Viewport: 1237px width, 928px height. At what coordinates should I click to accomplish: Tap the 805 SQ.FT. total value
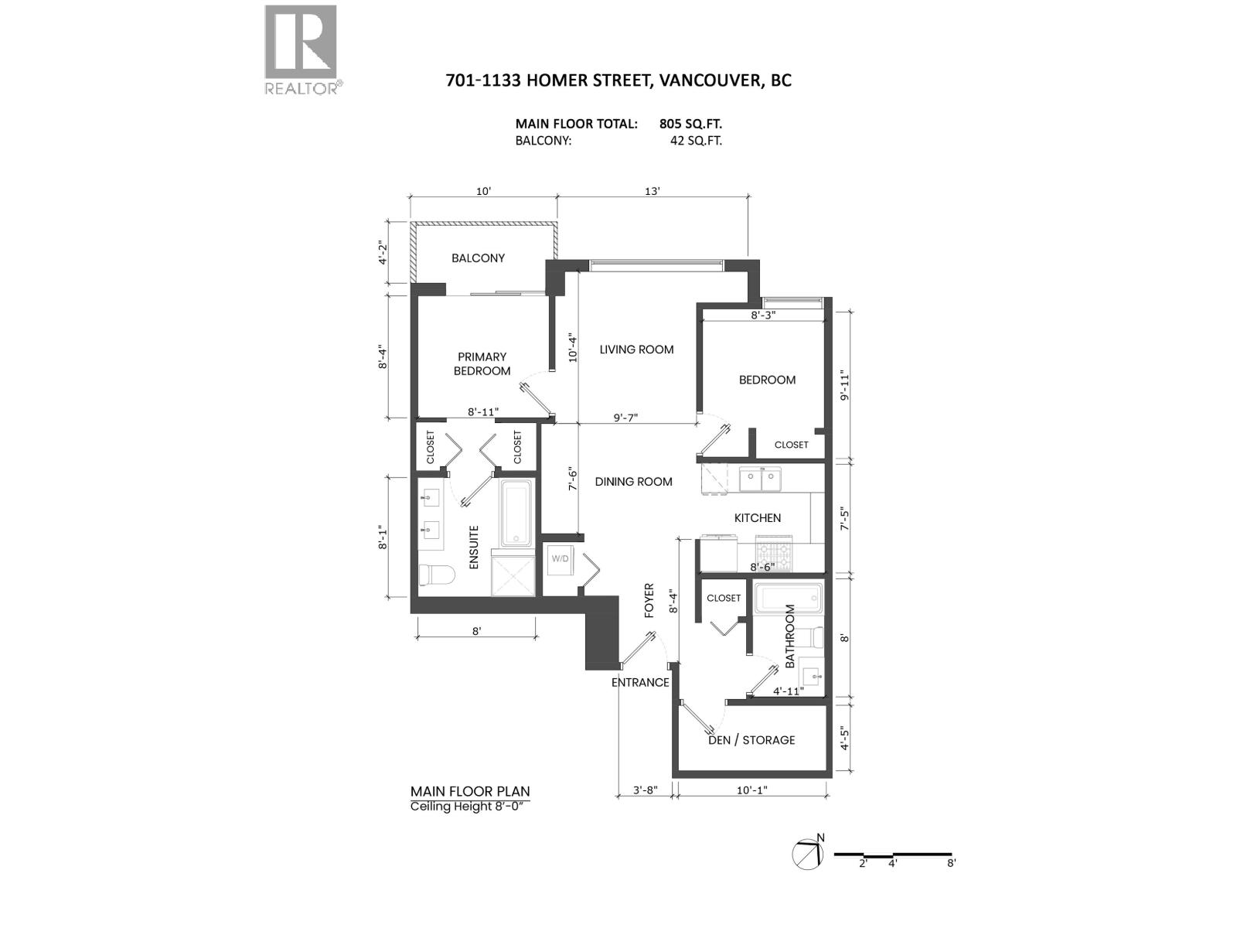(x=690, y=124)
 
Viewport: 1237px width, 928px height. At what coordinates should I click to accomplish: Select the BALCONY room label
(x=478, y=258)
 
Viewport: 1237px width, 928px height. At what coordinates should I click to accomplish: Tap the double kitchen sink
(x=761, y=479)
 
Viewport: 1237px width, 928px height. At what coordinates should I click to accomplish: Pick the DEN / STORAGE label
(x=751, y=740)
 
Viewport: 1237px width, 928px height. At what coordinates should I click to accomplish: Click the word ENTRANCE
(x=640, y=682)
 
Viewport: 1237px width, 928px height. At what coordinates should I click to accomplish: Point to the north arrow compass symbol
(x=808, y=853)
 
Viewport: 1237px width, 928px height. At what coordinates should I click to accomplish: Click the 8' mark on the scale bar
(x=951, y=864)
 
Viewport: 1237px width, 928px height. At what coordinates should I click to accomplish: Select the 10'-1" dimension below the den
(x=751, y=790)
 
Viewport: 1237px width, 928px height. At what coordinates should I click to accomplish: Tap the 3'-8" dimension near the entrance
(x=645, y=790)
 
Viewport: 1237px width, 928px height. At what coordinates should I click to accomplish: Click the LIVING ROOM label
(x=636, y=350)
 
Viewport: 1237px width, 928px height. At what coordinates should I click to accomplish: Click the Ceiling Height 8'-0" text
(x=472, y=807)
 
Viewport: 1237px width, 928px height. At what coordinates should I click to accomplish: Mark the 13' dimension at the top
(x=653, y=191)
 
